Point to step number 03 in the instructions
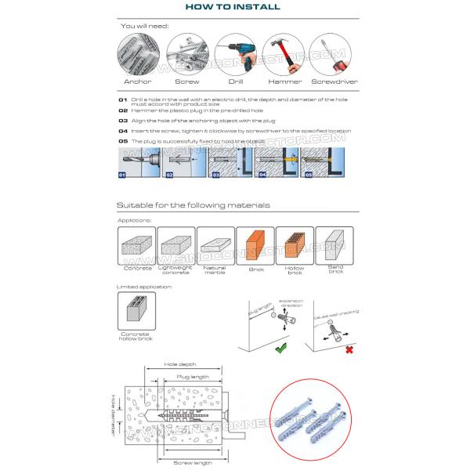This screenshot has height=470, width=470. pos(122,121)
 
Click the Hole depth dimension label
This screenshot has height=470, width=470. pos(180,364)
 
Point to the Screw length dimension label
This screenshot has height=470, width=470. pos(192,462)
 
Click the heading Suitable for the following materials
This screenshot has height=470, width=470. pos(193,205)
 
